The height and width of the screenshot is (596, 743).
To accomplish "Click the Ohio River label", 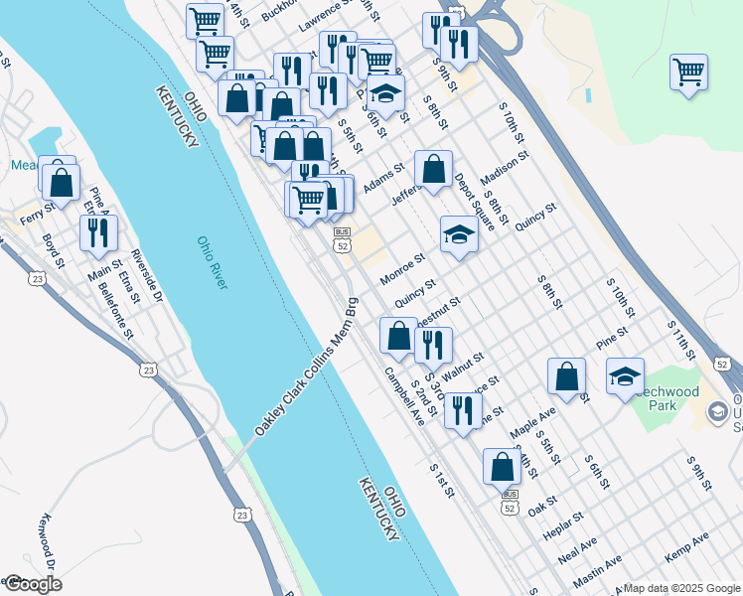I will click(x=212, y=263).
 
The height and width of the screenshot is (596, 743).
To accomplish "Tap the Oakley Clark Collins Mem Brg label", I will click(x=305, y=366).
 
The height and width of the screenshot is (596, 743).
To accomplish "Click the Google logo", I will click(x=32, y=584).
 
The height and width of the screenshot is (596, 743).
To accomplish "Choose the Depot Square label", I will click(x=476, y=202).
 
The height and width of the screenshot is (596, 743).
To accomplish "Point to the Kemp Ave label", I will click(x=686, y=547).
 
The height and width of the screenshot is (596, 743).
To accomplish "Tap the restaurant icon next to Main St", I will click(x=97, y=231).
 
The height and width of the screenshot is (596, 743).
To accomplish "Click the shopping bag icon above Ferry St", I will click(x=62, y=183).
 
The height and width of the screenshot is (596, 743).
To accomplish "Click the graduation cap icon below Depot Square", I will click(x=459, y=234).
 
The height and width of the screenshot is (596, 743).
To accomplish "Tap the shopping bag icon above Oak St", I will click(x=503, y=465).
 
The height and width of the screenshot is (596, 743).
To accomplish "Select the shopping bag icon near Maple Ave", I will click(x=566, y=376).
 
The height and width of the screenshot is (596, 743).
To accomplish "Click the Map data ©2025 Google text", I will click(x=681, y=587).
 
